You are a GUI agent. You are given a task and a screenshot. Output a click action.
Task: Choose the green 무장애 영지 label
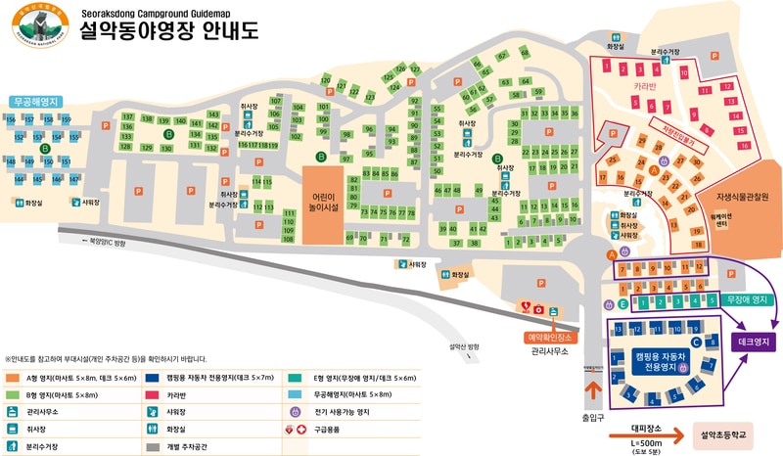click(745, 299)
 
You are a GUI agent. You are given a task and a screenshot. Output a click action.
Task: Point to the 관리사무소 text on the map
click(550, 350)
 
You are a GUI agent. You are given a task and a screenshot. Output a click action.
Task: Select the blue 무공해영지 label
click(37, 101)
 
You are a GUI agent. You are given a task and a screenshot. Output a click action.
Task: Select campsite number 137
click(126, 117)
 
